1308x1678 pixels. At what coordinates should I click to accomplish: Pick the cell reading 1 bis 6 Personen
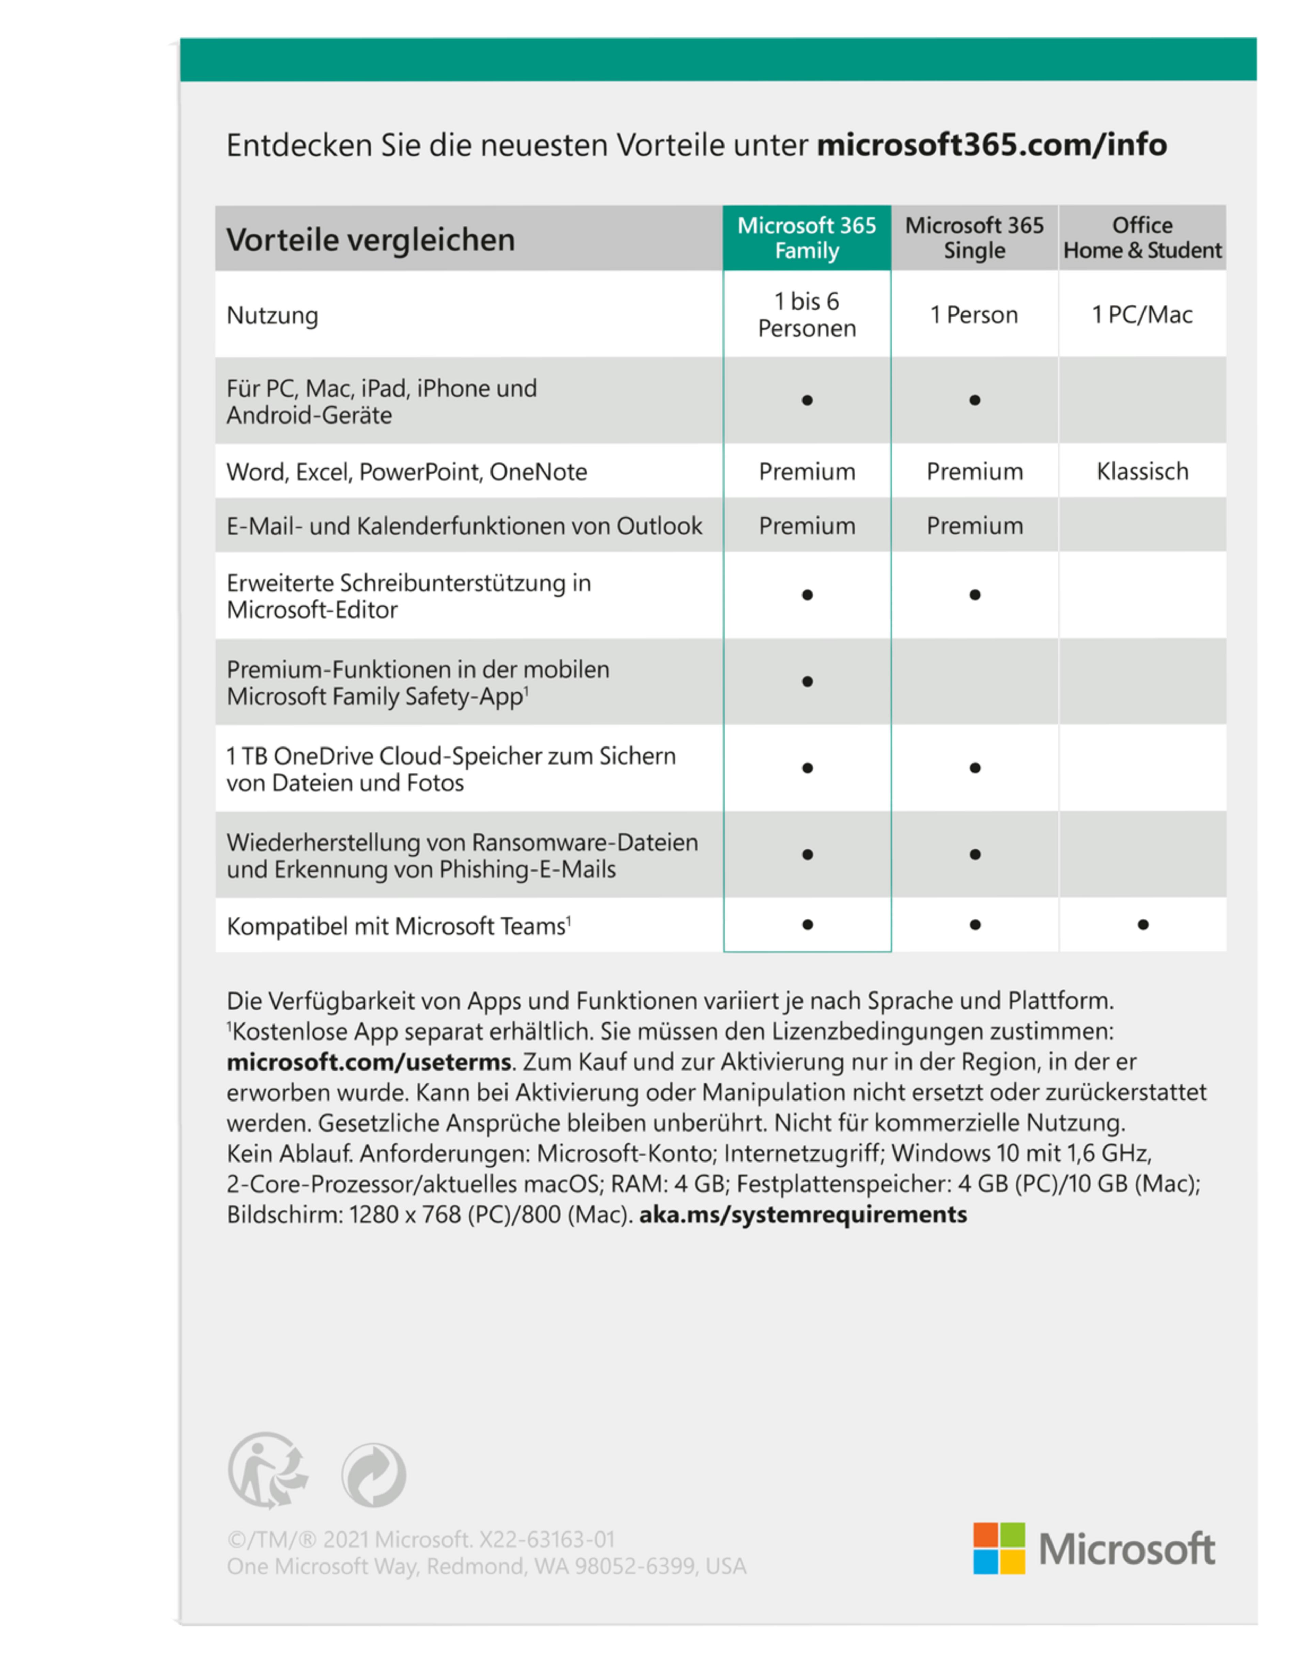[807, 314]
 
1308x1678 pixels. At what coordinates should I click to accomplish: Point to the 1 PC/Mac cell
[1142, 314]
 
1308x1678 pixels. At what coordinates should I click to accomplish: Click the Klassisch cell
[1142, 471]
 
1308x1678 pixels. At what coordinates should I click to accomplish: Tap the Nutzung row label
[272, 315]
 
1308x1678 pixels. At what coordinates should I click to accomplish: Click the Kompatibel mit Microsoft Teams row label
[398, 926]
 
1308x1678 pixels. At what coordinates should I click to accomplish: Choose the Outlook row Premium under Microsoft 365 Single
[975, 525]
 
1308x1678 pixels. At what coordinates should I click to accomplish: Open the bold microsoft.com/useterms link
[369, 1062]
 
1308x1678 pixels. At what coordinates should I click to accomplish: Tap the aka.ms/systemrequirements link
[803, 1215]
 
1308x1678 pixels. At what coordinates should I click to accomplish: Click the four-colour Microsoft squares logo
[998, 1548]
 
